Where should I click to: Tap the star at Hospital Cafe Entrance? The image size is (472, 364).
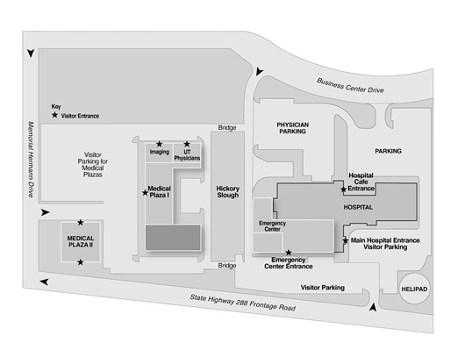[343, 189]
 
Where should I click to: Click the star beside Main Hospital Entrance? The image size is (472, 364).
[345, 240]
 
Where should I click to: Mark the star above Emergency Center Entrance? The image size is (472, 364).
[289, 253]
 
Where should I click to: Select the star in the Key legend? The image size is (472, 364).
[55, 115]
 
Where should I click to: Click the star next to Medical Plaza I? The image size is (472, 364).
[144, 191]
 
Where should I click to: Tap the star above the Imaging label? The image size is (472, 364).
[159, 143]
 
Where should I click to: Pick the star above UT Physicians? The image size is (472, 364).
[187, 143]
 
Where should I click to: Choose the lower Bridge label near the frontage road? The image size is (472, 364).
[227, 265]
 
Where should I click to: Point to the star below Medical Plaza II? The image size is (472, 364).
[81, 261]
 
